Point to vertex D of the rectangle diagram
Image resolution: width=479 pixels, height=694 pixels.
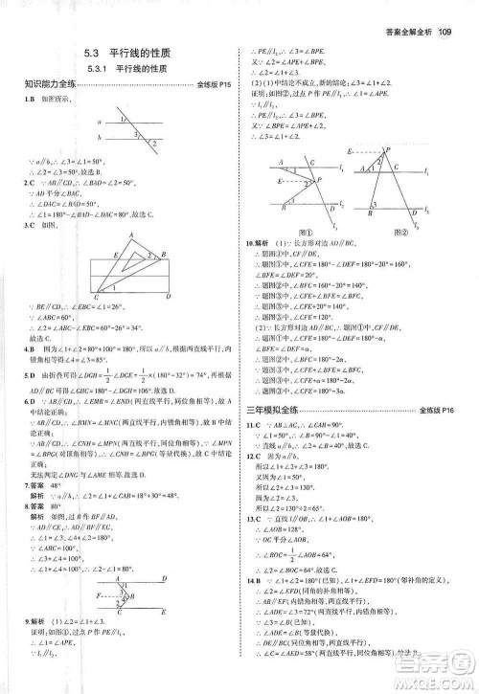tap(170, 296)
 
